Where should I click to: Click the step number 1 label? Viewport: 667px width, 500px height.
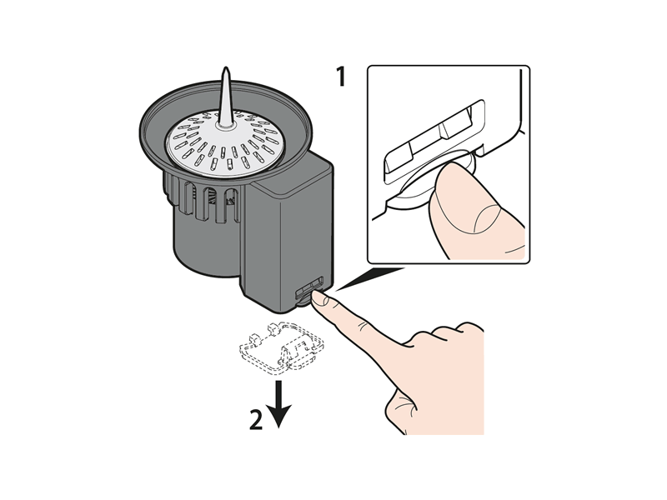coord(341,77)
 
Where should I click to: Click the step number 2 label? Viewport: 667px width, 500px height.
coord(256,420)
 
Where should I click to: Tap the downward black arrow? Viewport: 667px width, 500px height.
coord(279,404)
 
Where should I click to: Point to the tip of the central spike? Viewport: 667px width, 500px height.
coord(226,67)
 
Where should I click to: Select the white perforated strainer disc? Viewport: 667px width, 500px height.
coord(225,142)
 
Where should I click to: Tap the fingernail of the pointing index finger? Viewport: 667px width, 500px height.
coord(320,300)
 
